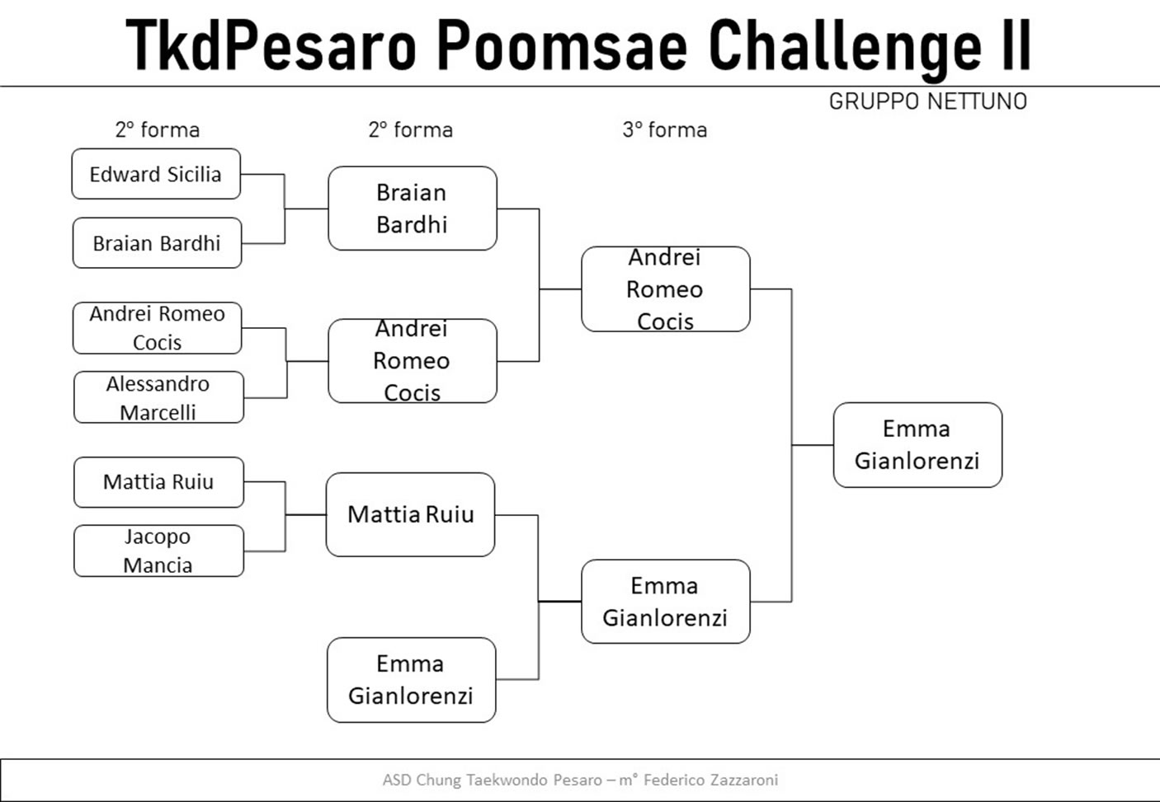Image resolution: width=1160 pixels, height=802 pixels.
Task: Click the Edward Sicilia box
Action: coord(156,174)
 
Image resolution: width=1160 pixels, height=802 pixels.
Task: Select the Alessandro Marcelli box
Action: coord(158,397)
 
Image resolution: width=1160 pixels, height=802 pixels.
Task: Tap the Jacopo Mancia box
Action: coord(158,551)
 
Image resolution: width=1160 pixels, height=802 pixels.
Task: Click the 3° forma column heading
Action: coord(664,130)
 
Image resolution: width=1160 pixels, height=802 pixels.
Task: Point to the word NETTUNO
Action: coord(978,101)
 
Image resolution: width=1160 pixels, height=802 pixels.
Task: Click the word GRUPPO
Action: coord(875,101)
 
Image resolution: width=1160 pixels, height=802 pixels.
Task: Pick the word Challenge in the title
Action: coord(846,49)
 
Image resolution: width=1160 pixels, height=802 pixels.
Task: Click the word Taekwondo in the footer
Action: coord(507,780)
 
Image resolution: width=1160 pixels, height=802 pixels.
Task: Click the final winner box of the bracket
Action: coord(917,445)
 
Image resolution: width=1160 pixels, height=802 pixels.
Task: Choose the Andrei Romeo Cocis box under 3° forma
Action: coord(666,289)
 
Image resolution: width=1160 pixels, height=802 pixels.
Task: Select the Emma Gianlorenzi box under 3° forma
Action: coord(666,602)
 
